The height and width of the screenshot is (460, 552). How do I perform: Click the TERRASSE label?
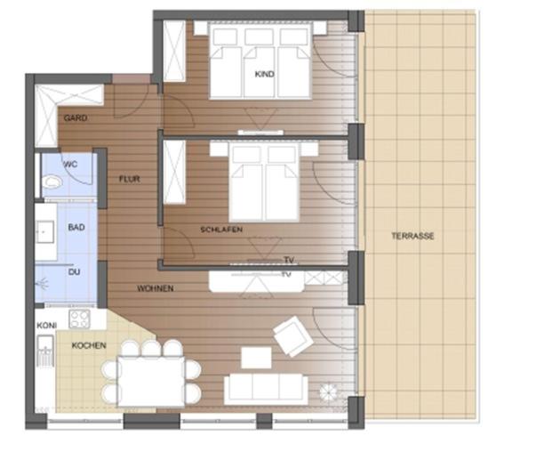pyautogui.click(x=412, y=236)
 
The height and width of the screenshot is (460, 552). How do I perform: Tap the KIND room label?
pyautogui.click(x=262, y=73)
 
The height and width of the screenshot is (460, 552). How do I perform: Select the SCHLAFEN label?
pyautogui.click(x=221, y=230)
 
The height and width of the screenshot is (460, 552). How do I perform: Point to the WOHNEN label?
pyautogui.click(x=155, y=289)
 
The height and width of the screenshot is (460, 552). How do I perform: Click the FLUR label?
pyautogui.click(x=130, y=179)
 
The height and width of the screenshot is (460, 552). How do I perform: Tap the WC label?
pyautogui.click(x=70, y=165)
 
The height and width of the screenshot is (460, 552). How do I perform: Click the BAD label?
pyautogui.click(x=76, y=228)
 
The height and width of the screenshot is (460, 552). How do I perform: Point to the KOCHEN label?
pyautogui.click(x=89, y=344)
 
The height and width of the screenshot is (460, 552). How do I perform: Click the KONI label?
pyautogui.click(x=46, y=326)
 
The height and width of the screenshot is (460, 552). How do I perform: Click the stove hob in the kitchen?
pyautogui.click(x=80, y=319)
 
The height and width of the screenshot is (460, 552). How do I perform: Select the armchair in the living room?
pyautogui.click(x=292, y=337)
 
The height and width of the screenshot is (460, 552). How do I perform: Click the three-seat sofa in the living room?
pyautogui.click(x=265, y=387)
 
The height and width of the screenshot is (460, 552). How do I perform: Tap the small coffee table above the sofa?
pyautogui.click(x=256, y=357)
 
